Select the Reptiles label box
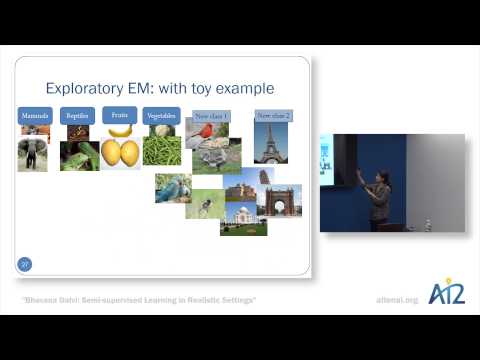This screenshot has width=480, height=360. coord(77,116)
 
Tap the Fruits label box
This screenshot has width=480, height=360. coord(120,115)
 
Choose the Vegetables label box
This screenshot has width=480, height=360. coord(162,116)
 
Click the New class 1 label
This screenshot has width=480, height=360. coord(210,117)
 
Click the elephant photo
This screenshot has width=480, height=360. coord(32,153)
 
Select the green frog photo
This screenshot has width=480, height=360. coord(79,155)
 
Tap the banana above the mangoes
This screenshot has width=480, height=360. coord(120,130)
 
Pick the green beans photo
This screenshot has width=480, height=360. coord(162,149)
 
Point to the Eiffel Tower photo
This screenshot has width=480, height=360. coord(271,142)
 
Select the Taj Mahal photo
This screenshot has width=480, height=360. coord(243,218)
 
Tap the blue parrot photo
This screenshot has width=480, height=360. coord(172,187)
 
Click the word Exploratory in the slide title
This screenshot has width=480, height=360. coord(90,88)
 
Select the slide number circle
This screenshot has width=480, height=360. coord(25,264)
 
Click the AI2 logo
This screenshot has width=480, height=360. coord(446,293)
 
